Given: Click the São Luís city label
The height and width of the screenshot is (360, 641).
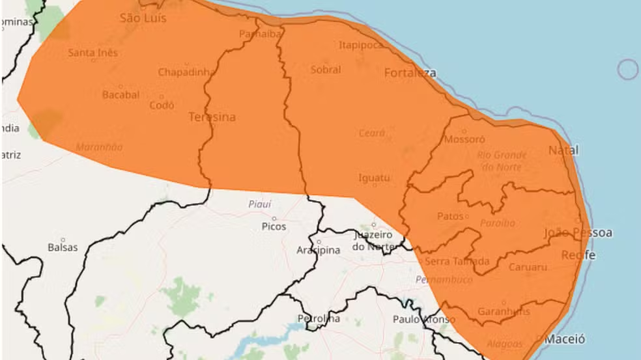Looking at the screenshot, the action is tap(143, 18).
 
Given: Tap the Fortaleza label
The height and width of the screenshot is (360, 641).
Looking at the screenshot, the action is tap(410, 72).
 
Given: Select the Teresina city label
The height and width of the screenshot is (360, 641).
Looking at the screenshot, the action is tap(212, 117).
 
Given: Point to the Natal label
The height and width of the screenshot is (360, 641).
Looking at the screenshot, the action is tap(563, 150).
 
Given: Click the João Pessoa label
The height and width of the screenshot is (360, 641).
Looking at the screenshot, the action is tap(578, 233).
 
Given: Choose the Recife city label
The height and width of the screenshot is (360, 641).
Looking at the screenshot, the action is tap(578, 255).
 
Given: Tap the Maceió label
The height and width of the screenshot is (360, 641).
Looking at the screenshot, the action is tap(565, 339).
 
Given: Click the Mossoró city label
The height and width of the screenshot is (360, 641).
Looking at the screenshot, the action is tap(464, 139).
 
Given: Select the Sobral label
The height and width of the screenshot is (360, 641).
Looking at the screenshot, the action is tap(326, 70).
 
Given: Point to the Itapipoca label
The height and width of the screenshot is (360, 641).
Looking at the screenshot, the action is tap(361, 45).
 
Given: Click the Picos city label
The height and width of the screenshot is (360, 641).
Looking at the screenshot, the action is tap(274, 227).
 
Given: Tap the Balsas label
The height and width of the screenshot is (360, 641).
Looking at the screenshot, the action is tap(63, 247).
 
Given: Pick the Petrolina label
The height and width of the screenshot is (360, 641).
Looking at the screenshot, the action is tap(319, 319).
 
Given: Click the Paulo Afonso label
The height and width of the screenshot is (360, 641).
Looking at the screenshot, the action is tap(424, 319).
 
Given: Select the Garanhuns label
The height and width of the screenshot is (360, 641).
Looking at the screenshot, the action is tap(504, 311).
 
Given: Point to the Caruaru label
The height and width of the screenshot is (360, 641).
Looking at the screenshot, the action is tap(527, 267).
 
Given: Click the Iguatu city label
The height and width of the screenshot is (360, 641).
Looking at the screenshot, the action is tap(374, 177).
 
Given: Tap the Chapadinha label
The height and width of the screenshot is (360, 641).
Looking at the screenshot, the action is tap(186, 72).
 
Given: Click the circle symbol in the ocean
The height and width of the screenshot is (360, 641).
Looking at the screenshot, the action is tap(628, 69).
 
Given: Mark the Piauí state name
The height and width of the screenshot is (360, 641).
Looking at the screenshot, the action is tap(260, 204).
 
